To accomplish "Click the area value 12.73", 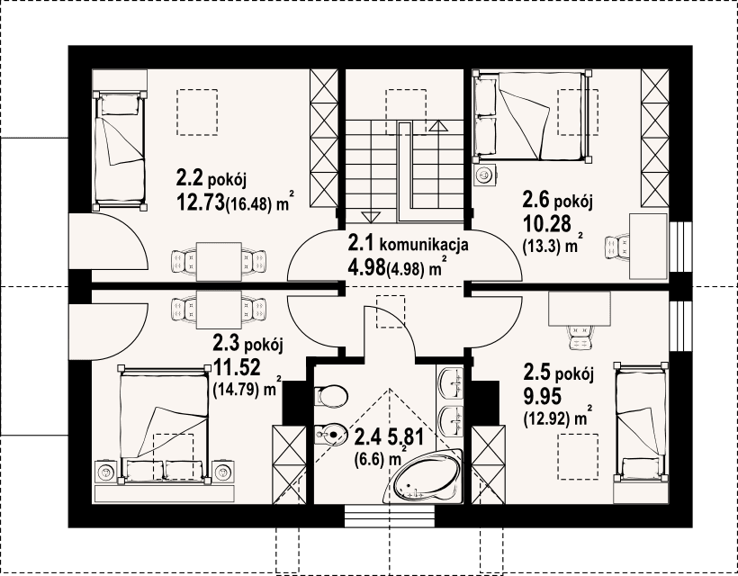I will coord(200,203).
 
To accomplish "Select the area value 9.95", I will coord(544,395).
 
